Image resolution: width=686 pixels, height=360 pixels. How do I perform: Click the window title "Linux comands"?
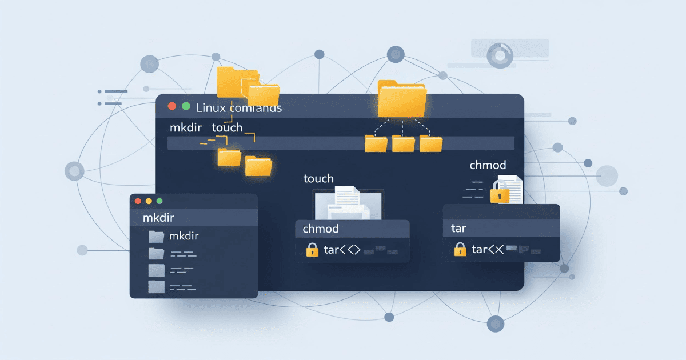tap(239, 107)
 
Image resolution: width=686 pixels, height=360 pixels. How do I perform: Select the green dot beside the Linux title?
tap(185, 106)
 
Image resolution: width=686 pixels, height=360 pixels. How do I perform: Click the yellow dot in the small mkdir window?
tap(149, 201)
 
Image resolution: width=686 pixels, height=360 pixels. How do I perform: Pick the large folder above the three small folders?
tap(402, 99)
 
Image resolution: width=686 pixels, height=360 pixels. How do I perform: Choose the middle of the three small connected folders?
tap(404, 143)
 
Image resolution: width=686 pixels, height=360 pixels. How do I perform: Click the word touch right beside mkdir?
tap(227, 127)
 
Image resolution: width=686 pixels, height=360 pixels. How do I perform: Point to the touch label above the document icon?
tap(318, 179)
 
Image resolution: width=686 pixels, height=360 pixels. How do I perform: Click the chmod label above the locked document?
tap(488, 165)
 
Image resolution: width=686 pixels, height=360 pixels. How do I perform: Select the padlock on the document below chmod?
tap(500, 195)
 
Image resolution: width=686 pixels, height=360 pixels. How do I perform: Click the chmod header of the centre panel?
tap(321, 229)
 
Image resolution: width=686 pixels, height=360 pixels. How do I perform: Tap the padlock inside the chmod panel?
tap(312, 250)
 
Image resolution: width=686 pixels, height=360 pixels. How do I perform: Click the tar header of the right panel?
tap(458, 229)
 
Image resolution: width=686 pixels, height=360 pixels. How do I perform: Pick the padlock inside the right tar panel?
tap(460, 249)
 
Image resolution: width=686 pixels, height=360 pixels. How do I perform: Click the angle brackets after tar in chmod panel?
tap(350, 250)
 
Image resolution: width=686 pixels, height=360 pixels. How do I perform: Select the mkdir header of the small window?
tap(158, 218)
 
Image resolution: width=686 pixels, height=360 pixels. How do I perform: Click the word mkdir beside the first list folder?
tap(184, 236)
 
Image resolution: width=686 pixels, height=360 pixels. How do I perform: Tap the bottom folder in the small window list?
tap(156, 286)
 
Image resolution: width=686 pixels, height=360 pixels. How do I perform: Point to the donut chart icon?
tap(500, 56)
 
